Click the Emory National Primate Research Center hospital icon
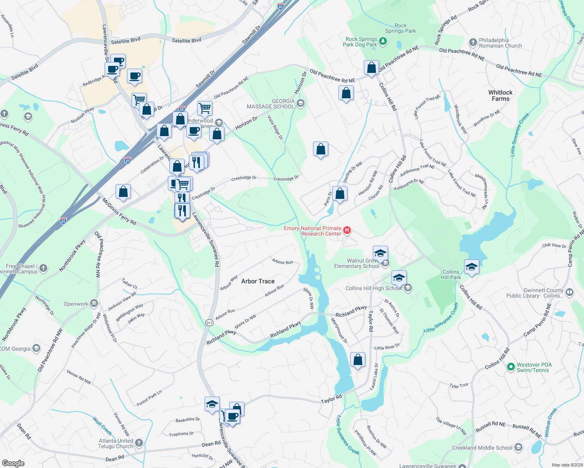point(346,231)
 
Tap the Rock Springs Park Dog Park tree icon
point(383,42)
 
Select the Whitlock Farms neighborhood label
point(500,96)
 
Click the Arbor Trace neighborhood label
point(258,281)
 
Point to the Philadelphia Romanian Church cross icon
point(473,43)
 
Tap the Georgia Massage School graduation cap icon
point(300,103)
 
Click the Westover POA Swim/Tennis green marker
point(510,367)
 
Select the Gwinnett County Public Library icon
point(569,292)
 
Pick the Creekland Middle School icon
point(518,447)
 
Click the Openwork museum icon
point(94,303)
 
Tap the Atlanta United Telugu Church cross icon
point(139,443)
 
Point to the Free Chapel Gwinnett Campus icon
point(43,268)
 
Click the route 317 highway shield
point(209,323)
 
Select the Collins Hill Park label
point(451,275)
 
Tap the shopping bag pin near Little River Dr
point(358,360)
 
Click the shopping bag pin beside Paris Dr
point(340,194)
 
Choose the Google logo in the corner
point(13,463)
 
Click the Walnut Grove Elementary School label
point(356,264)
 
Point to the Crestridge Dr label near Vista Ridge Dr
point(286,179)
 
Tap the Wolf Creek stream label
point(103,426)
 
